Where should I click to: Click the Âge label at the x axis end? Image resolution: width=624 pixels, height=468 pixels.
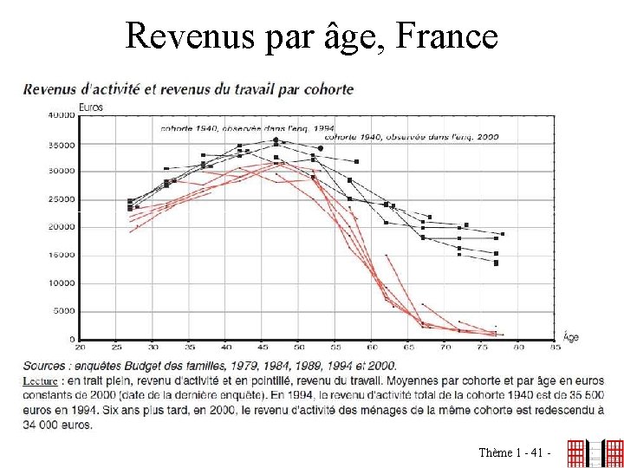570,335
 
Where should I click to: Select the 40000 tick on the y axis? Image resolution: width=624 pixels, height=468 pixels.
61,115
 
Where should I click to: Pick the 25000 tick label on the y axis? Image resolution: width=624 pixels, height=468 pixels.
61,199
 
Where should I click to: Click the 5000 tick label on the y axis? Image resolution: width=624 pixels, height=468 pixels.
63,311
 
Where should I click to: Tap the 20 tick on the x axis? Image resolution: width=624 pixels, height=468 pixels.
80,348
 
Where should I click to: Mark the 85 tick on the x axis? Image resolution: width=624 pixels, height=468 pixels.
555,348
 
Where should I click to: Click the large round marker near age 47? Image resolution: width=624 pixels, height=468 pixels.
276,140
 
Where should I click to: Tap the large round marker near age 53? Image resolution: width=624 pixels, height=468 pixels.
320,149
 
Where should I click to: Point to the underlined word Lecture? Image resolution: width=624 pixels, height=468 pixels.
40,380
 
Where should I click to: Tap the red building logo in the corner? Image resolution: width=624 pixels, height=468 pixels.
595,452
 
